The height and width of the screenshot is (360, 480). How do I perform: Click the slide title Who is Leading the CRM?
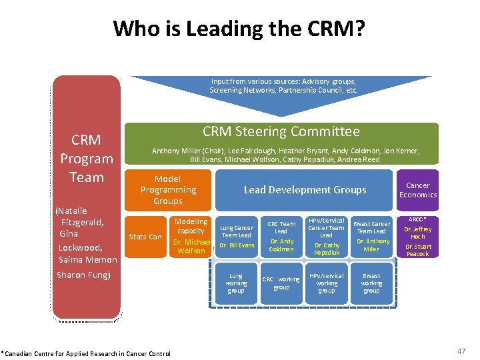(239, 28)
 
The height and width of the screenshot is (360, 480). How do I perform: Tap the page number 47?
(461, 351)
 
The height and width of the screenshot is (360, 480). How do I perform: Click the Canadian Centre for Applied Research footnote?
(86, 353)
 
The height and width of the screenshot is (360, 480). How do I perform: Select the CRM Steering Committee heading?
(281, 131)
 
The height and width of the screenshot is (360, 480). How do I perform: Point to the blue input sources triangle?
(283, 90)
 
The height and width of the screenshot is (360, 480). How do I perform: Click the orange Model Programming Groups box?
(168, 190)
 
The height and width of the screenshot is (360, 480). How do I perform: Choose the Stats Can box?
(145, 237)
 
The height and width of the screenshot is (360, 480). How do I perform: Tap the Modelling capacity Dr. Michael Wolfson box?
(191, 236)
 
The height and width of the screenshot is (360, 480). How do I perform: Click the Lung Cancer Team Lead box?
(237, 237)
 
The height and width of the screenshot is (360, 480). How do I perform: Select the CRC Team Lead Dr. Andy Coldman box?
(281, 237)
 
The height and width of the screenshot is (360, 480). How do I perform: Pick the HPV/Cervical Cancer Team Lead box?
(327, 237)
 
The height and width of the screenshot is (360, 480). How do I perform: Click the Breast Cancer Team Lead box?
(371, 237)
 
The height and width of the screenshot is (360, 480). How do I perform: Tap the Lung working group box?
(236, 283)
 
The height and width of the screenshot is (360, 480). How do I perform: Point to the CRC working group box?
(281, 283)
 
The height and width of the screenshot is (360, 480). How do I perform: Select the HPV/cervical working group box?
(327, 283)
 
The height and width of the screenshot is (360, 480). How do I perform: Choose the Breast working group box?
(371, 283)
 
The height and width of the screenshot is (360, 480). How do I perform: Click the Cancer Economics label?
(418, 190)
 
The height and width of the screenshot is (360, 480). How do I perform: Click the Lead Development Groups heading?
(305, 190)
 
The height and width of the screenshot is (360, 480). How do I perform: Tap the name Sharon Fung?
(83, 275)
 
